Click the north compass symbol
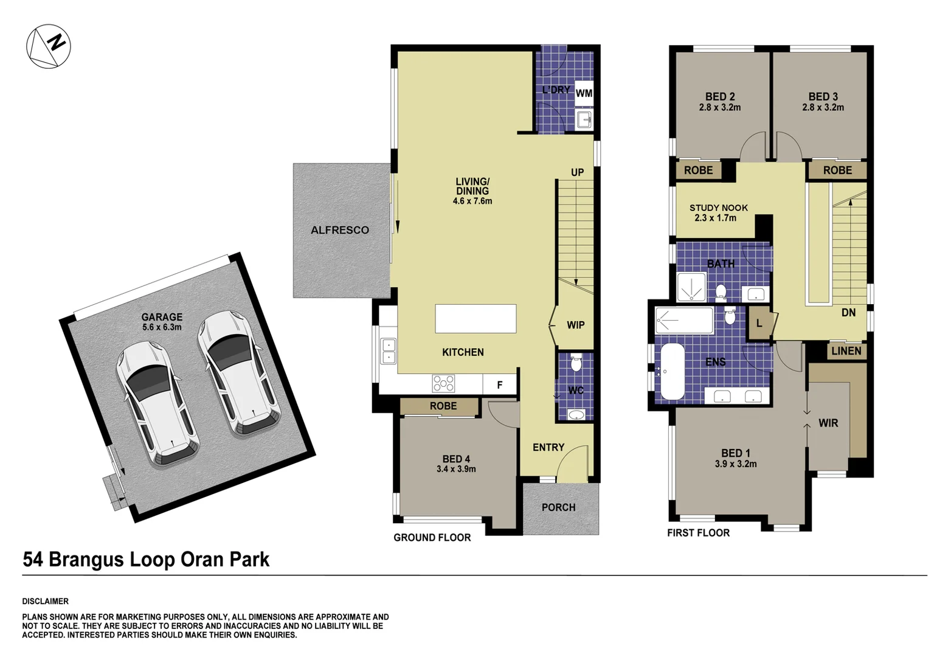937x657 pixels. (x=49, y=46)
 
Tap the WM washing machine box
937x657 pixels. (x=584, y=93)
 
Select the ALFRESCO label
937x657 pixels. (x=340, y=230)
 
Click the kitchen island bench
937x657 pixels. (x=475, y=319)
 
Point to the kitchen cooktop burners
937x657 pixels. (x=443, y=384)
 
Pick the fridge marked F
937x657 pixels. (x=500, y=384)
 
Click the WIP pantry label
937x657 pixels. (x=575, y=325)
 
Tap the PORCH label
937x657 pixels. (x=558, y=507)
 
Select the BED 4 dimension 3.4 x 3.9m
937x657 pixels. (x=456, y=469)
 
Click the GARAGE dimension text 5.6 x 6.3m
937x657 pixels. (x=162, y=327)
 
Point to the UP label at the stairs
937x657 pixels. (x=577, y=173)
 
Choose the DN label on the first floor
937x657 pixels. (x=848, y=313)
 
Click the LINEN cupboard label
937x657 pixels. (x=846, y=351)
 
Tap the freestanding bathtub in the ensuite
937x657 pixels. (x=672, y=371)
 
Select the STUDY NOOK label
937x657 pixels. (x=718, y=208)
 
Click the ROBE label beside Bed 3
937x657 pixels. (x=837, y=170)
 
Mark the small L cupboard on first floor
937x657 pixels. (x=759, y=324)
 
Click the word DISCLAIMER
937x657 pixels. (x=46, y=601)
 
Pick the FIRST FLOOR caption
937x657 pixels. (x=698, y=533)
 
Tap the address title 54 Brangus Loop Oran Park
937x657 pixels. (x=146, y=560)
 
